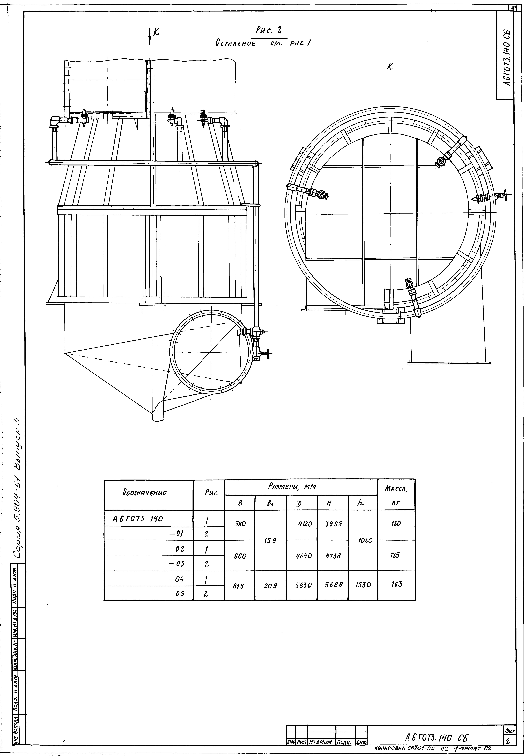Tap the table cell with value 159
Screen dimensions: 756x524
click(270, 540)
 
